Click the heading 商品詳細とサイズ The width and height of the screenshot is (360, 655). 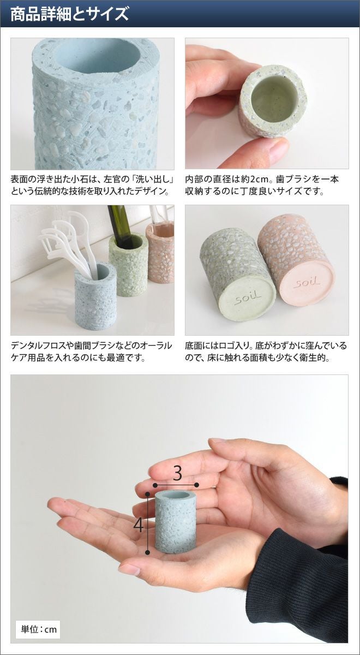[x=69, y=14]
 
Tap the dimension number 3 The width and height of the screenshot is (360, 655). [x=177, y=473]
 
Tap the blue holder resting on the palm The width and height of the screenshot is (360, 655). [x=175, y=521]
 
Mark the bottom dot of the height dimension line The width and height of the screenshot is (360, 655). [x=148, y=552]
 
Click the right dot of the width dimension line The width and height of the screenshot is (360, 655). [x=197, y=485]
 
